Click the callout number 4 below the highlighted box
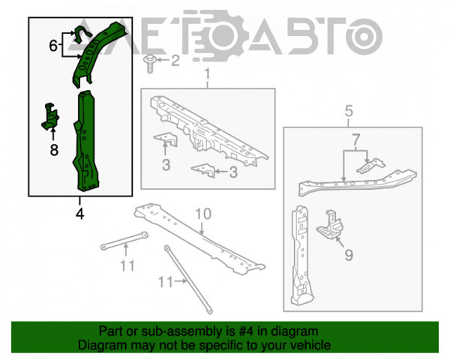(x=79, y=214)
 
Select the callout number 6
(x=53, y=46)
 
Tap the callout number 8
(x=54, y=150)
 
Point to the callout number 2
(x=175, y=60)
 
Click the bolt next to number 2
(x=149, y=63)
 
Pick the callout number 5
(x=349, y=111)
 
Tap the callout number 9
(x=349, y=255)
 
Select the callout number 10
(x=203, y=214)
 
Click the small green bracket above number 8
(x=50, y=116)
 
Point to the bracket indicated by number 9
(x=330, y=224)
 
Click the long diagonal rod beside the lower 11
(x=188, y=279)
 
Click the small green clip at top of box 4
(x=81, y=34)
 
